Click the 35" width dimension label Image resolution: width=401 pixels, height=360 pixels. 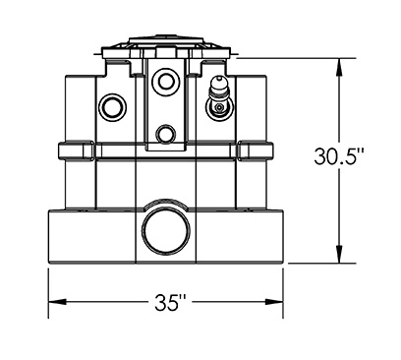(x=171, y=302)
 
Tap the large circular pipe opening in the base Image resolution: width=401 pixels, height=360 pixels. (x=166, y=230)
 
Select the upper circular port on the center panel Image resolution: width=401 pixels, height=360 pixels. (x=166, y=80)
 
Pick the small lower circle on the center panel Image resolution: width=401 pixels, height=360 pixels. (x=166, y=134)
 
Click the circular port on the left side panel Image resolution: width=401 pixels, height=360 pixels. (x=112, y=107)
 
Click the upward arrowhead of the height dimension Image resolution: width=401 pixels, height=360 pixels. (x=340, y=67)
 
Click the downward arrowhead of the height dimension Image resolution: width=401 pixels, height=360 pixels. (x=340, y=254)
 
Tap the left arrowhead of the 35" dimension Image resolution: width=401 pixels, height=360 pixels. (x=58, y=302)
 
